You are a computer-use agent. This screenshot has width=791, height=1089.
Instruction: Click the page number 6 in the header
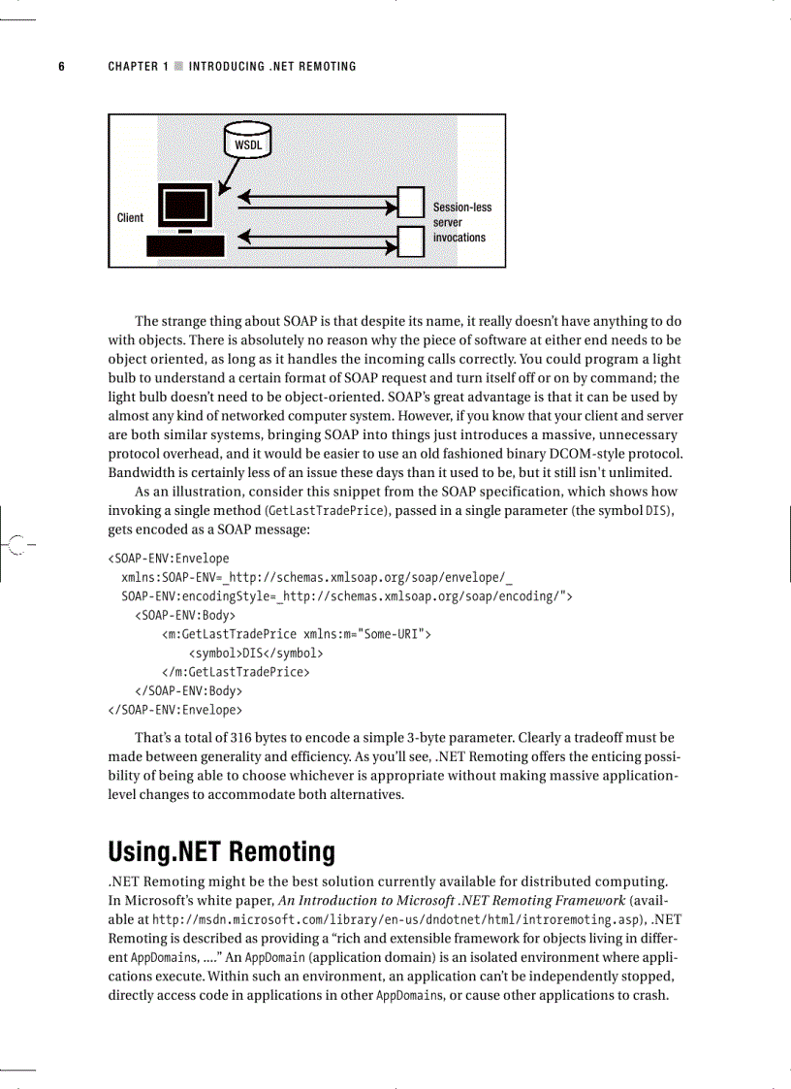pos(61,67)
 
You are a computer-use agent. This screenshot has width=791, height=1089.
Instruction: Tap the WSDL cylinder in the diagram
pos(248,142)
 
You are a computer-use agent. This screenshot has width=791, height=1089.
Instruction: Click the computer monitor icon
pos(184,206)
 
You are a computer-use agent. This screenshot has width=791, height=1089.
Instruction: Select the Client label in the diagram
pos(130,218)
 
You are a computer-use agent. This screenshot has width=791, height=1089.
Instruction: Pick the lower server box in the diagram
pos(412,238)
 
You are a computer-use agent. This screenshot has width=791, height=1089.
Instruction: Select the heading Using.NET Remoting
pos(221,852)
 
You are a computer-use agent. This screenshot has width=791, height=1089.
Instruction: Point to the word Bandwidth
pos(140,472)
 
